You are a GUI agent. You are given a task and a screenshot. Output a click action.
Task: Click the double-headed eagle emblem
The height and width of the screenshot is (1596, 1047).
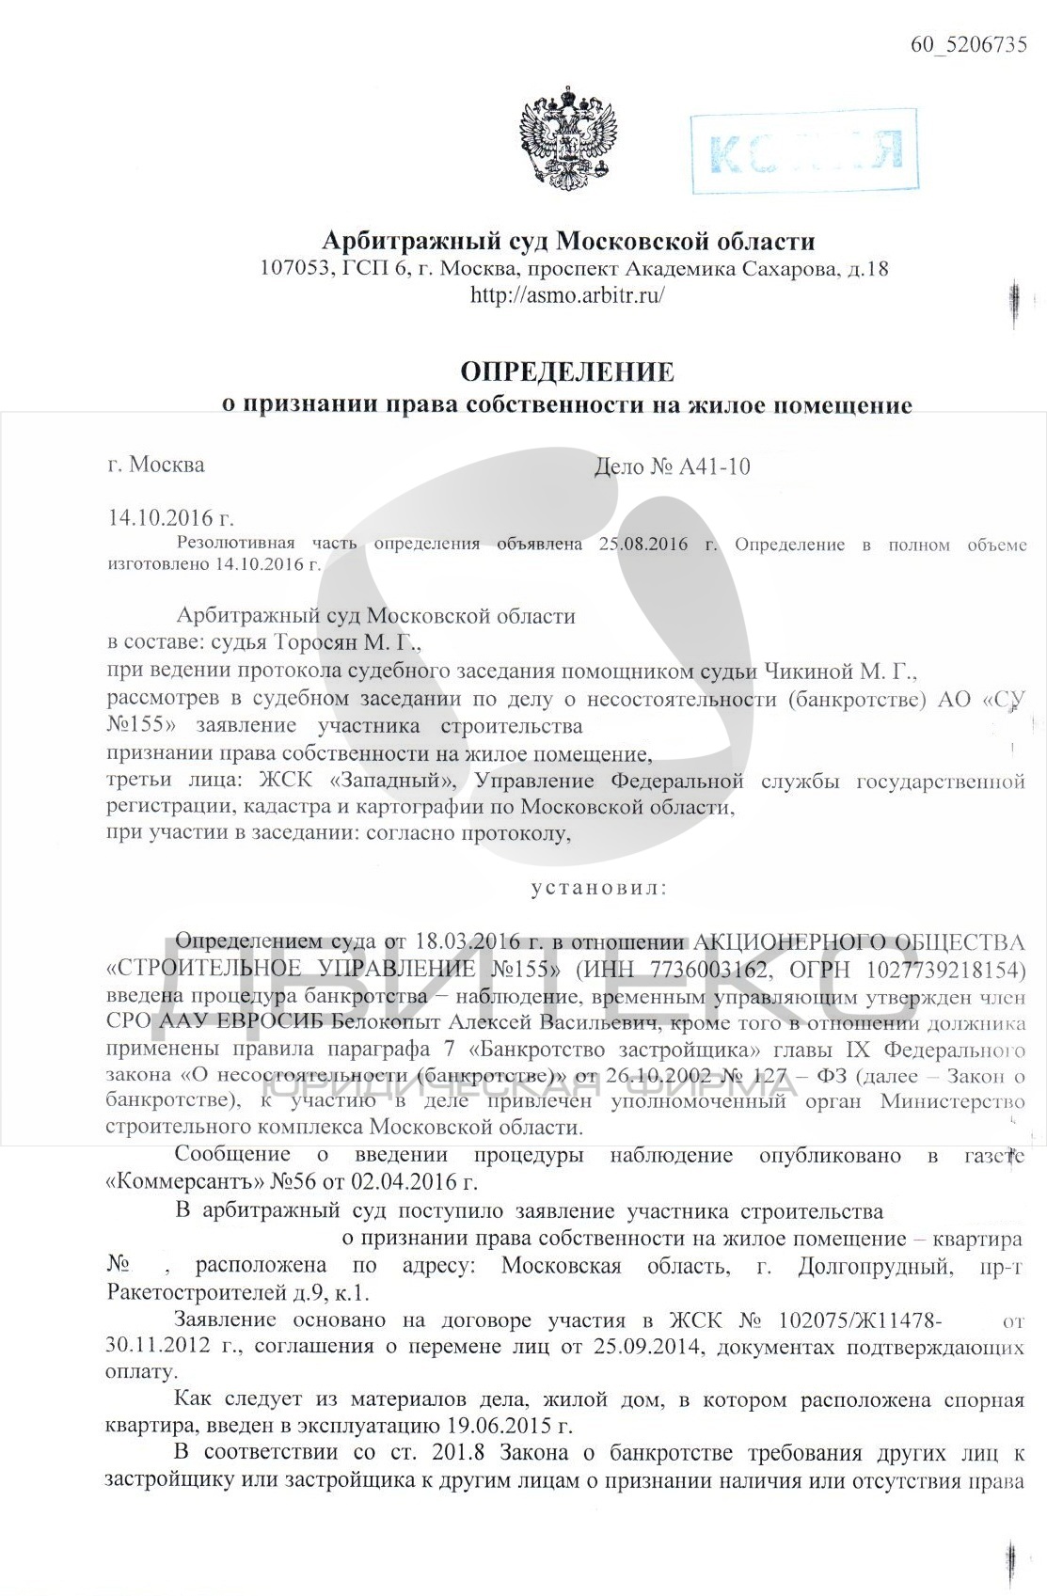pos(567,140)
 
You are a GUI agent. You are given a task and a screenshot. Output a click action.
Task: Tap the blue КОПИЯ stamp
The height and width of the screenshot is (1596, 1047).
pos(803,150)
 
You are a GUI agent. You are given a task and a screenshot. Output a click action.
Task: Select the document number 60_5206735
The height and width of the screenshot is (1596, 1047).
pos(968,44)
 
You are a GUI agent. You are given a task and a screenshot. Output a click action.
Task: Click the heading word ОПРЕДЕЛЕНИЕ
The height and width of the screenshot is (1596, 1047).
pos(567,372)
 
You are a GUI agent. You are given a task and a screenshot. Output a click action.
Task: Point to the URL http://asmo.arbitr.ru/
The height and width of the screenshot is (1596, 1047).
pos(567,295)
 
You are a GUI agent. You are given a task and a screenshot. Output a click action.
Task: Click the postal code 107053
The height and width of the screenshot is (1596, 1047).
pos(293,270)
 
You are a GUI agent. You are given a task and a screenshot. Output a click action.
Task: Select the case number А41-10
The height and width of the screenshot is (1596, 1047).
pos(714,467)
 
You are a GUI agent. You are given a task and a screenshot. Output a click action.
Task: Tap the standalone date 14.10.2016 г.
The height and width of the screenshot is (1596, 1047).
pos(170,518)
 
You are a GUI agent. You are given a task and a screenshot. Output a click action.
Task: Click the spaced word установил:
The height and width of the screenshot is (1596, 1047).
pos(599,888)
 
